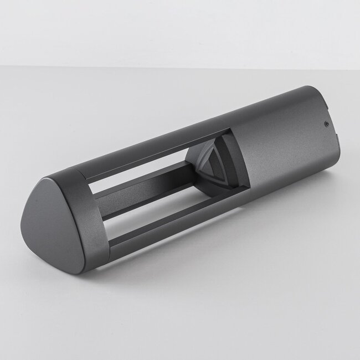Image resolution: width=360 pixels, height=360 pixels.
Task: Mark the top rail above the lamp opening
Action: point(161,158)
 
